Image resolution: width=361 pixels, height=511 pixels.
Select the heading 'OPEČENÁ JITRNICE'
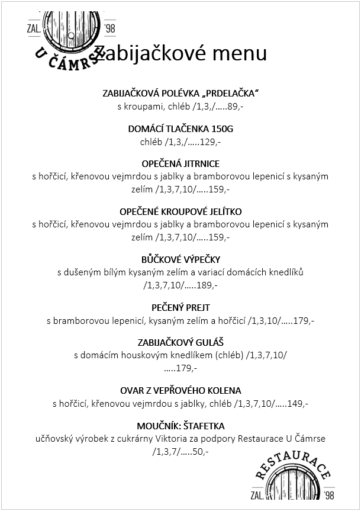point(180,163)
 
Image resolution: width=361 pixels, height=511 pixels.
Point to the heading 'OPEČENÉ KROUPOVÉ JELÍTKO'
point(180,211)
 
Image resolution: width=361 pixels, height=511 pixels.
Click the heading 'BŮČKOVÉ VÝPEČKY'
point(180,259)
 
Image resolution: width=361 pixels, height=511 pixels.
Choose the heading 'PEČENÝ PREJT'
point(180,308)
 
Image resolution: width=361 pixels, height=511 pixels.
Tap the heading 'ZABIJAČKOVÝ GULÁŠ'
point(180,343)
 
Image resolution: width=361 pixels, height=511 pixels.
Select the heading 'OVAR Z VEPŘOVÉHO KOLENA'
point(180,391)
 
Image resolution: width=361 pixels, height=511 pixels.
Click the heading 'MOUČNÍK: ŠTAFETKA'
point(180,426)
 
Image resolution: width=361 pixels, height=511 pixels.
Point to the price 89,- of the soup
point(236,107)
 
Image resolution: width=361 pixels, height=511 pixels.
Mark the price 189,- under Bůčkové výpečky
point(207,285)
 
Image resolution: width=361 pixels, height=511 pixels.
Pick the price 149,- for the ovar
point(297,404)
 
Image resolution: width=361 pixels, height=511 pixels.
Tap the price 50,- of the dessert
point(201,452)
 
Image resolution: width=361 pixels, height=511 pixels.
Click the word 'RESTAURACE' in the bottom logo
point(294,465)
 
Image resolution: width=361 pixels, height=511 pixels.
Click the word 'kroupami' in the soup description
point(144,107)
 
